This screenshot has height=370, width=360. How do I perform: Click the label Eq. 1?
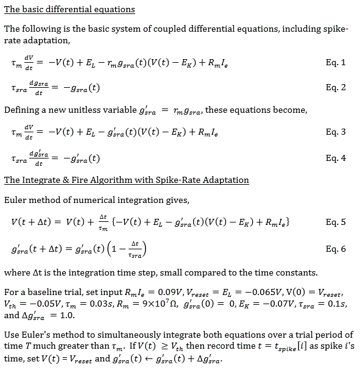(336, 63)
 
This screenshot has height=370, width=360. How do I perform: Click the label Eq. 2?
(336, 87)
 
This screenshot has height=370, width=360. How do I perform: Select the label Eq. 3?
(336, 132)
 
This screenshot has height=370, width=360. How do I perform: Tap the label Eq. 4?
(336, 158)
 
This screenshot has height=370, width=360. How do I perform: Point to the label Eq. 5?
(336, 222)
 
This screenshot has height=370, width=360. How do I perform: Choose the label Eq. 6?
(336, 249)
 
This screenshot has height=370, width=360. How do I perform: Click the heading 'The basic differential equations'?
(69, 10)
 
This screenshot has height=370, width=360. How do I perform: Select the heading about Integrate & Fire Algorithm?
(126, 180)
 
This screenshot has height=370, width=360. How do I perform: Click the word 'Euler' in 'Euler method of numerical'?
(16, 199)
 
